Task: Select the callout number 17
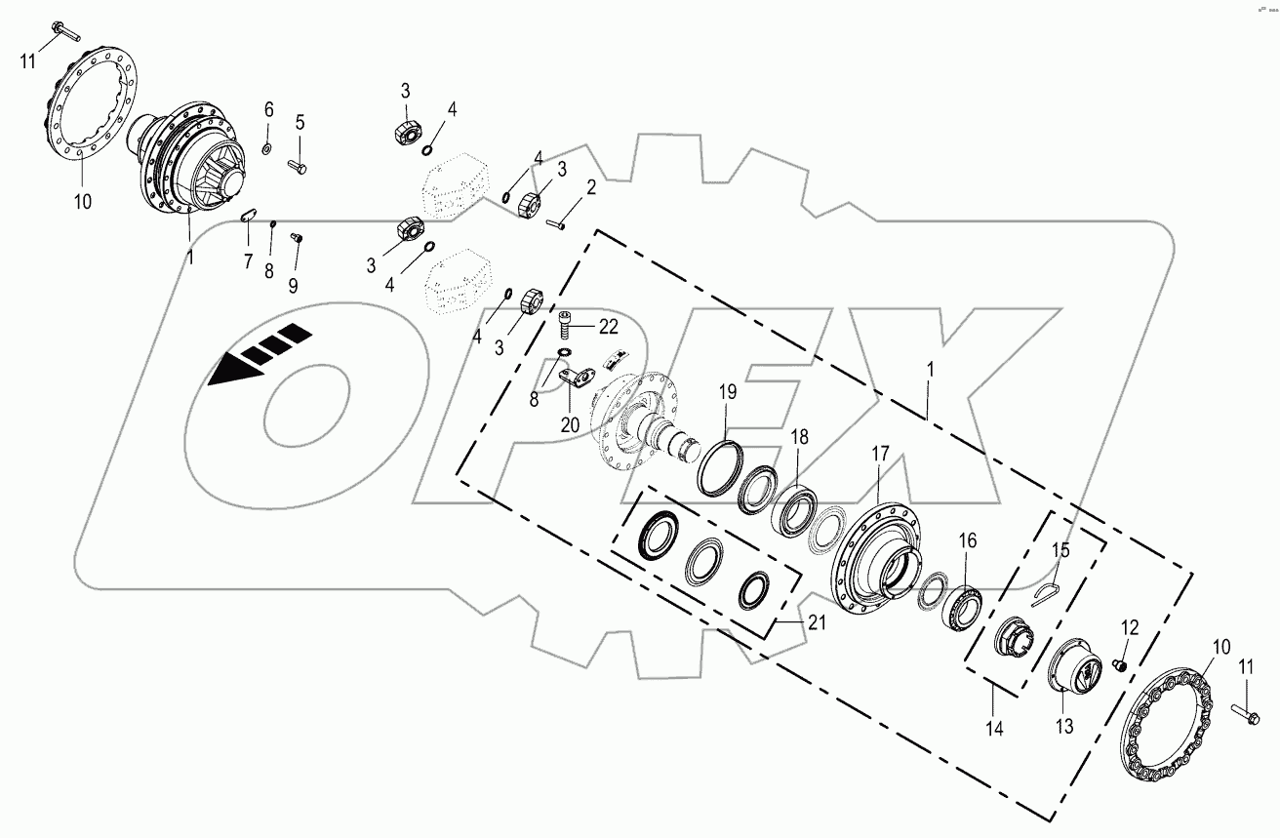coord(880,454)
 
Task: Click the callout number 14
coord(993,728)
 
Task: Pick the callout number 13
coord(1063,725)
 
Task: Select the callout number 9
coord(293,285)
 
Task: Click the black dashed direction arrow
coord(259,357)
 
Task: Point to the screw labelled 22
coord(567,319)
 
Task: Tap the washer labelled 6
coord(266,148)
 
